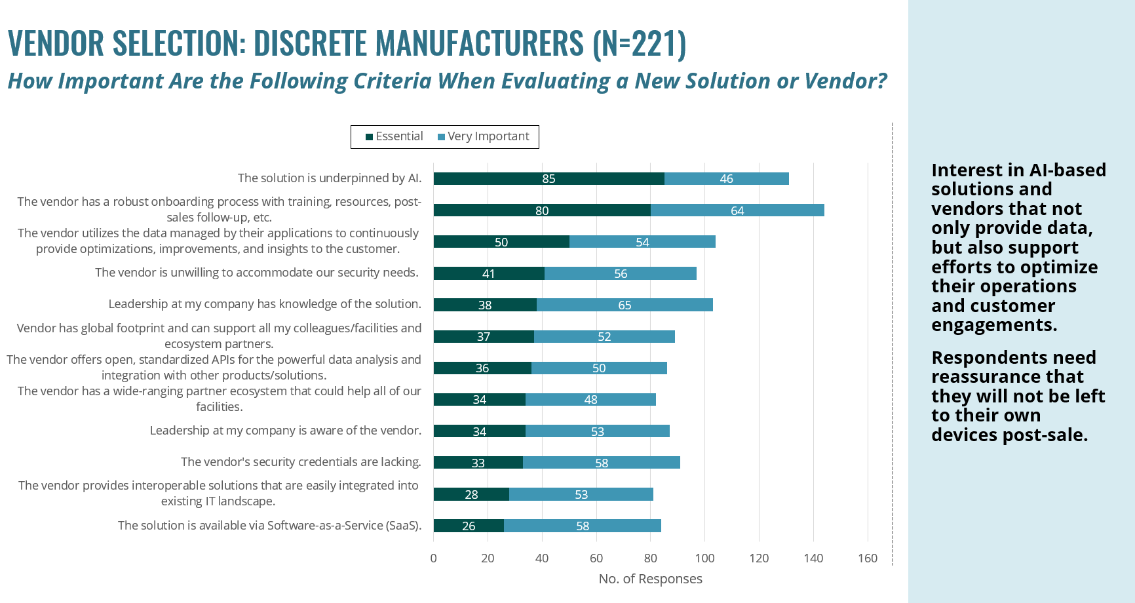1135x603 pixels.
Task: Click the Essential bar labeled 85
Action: [x=548, y=179]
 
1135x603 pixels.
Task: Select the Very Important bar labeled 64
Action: [x=737, y=210]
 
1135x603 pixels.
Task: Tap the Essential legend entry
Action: [x=394, y=136]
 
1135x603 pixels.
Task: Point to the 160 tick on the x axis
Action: [x=867, y=558]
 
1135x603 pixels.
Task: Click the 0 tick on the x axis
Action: [x=433, y=558]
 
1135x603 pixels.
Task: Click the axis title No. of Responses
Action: [x=650, y=579]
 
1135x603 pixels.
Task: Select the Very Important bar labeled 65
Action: [x=625, y=305]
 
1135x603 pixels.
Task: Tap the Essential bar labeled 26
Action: [x=469, y=526]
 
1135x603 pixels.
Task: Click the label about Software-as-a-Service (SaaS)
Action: [x=269, y=525]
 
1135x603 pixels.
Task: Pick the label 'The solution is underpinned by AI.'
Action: [x=330, y=178]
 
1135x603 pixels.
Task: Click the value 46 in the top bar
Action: [x=726, y=179]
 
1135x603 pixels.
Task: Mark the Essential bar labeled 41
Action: [x=488, y=273]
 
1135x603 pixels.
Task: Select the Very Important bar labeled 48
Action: [x=590, y=399]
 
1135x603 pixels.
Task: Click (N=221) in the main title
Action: [x=639, y=43]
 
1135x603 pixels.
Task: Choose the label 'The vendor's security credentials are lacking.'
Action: [x=301, y=461]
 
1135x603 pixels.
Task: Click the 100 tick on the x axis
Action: [x=704, y=558]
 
